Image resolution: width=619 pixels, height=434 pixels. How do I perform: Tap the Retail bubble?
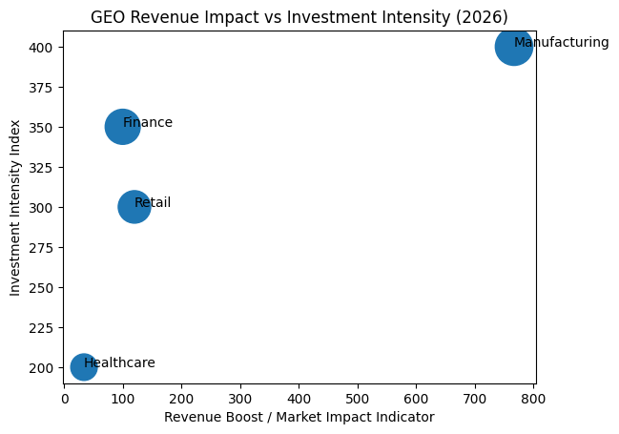pyautogui.click(x=134, y=207)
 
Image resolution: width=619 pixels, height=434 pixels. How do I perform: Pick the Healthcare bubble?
pyautogui.click(x=84, y=367)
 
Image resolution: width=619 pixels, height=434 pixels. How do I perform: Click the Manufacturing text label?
pyautogui.click(x=561, y=43)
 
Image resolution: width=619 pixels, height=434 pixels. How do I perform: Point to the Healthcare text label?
pyautogui.click(x=119, y=363)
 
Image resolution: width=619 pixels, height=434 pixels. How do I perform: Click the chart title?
pyautogui.click(x=299, y=17)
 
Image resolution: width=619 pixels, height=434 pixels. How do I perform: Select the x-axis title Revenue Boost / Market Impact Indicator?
pyautogui.click(x=299, y=418)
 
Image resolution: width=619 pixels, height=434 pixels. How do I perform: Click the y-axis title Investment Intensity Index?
pyautogui.click(x=16, y=207)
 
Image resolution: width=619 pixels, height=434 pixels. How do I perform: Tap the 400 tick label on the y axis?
pyautogui.click(x=44, y=48)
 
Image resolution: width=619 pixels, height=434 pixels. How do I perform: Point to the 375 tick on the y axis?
pyautogui.click(x=44, y=88)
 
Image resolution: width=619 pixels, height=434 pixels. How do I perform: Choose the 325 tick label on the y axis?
pyautogui.click(x=44, y=168)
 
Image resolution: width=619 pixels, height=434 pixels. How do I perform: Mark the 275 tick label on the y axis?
pyautogui.click(x=44, y=248)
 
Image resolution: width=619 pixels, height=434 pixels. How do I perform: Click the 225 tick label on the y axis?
pyautogui.click(x=44, y=328)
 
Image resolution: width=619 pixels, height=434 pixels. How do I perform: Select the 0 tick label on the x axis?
pyautogui.click(x=65, y=399)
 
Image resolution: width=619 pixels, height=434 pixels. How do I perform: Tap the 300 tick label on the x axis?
pyautogui.click(x=240, y=399)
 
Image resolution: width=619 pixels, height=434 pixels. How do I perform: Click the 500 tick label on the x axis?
pyautogui.click(x=358, y=399)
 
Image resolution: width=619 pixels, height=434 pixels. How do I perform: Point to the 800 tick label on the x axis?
pyautogui.click(x=534, y=399)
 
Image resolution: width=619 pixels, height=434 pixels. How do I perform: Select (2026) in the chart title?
pyautogui.click(x=482, y=17)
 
